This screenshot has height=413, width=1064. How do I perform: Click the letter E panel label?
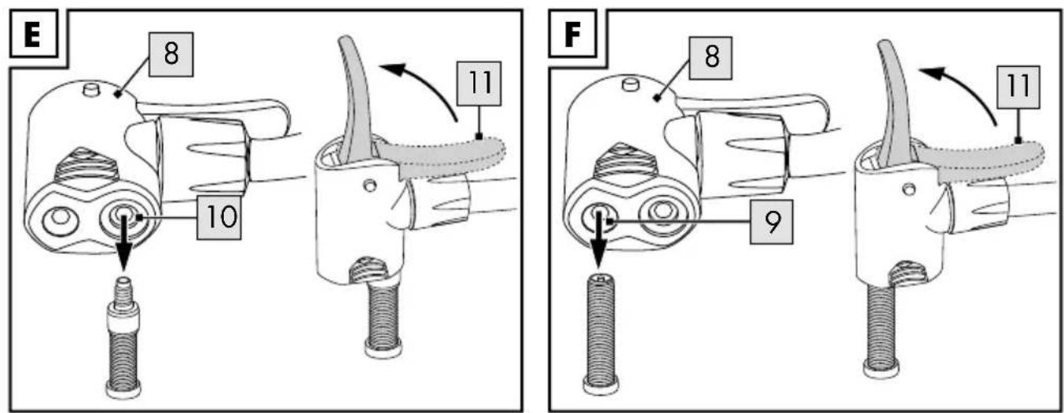tap(32, 35)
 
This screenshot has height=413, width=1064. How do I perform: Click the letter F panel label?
tap(572, 35)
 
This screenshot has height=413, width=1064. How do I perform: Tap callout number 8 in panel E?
tap(171, 54)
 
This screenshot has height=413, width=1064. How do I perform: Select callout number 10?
tap(219, 217)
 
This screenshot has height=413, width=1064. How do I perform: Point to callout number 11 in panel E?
tap(479, 83)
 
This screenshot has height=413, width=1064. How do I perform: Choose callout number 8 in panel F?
tap(710, 57)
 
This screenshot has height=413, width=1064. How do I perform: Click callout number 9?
tap(772, 222)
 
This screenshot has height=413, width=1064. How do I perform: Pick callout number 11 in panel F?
tap(1018, 87)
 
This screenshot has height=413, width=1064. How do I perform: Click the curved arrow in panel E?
tap(425, 83)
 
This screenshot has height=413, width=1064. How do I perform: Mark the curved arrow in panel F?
tap(964, 88)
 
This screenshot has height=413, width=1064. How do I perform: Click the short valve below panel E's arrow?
tap(123, 337)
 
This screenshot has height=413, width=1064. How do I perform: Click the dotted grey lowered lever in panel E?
tap(442, 155)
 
